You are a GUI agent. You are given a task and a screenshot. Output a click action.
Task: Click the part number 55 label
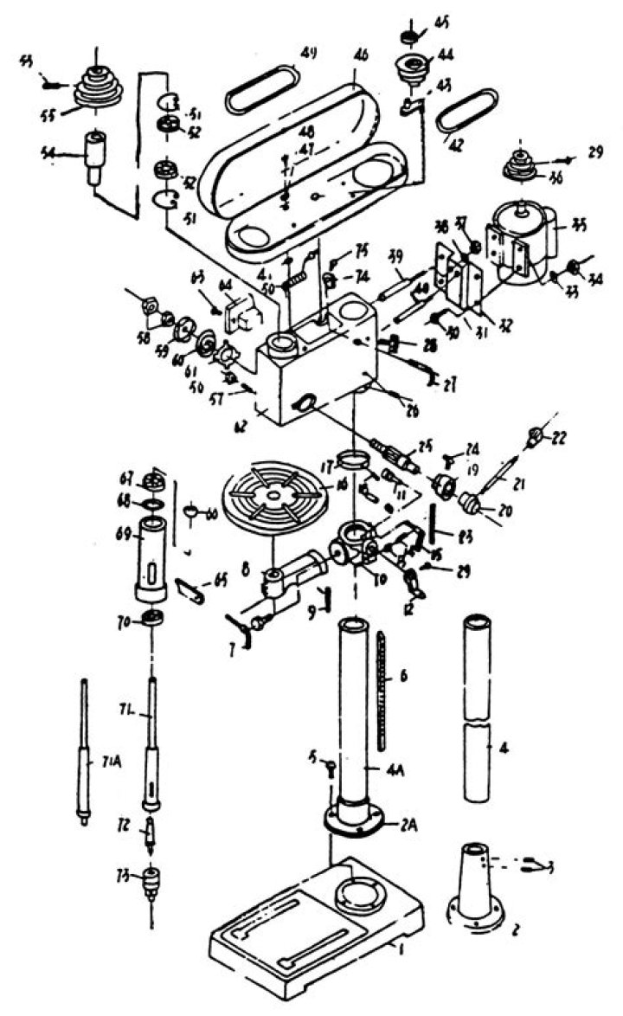point(61,113)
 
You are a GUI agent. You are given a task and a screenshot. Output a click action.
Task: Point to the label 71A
point(110,762)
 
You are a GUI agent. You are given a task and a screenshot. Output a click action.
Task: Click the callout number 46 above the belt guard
point(360,54)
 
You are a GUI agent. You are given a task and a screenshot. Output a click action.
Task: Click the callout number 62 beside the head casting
point(240,426)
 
